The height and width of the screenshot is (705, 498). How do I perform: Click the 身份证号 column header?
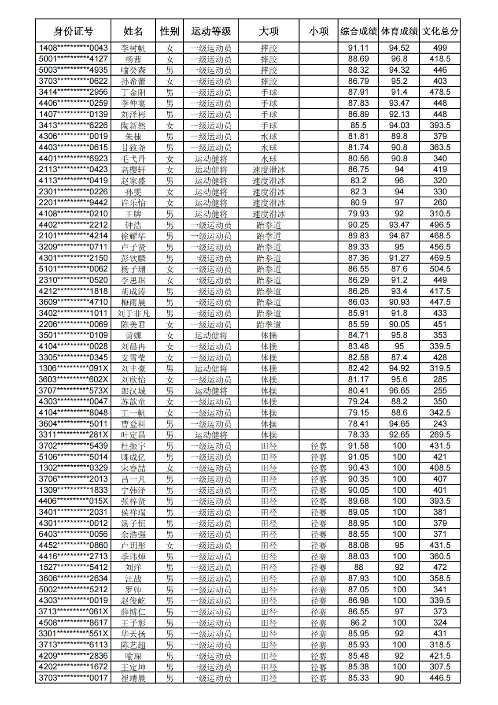pos(73,31)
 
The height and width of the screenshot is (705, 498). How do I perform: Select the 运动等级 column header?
pos(211,31)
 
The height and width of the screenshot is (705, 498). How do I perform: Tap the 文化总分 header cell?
pos(440,31)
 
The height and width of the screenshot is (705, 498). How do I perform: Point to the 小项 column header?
pos(318,31)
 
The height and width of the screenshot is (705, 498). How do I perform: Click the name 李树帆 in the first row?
pos(133,48)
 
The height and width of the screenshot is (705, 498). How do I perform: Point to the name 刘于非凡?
pos(133,313)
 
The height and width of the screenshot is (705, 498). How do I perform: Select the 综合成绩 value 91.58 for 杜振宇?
pos(358,446)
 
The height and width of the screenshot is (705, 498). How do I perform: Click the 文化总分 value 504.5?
pos(440,269)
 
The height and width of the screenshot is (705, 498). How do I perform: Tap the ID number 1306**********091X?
pos(73,368)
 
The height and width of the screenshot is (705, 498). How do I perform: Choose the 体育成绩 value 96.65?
pos(399,390)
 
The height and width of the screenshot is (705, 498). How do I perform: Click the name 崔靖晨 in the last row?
pos(133,678)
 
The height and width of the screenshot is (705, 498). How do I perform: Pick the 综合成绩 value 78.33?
pos(358,435)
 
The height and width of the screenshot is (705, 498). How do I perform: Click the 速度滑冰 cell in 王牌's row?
pos(269,214)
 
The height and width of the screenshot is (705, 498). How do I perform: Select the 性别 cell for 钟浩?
pos(170,225)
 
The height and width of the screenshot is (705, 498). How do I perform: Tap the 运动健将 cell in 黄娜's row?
pos(211,335)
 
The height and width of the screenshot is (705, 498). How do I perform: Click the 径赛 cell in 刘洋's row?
pos(318,568)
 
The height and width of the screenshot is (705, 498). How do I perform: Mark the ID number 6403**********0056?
pos(73,534)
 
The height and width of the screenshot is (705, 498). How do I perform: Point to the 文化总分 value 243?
pos(440,424)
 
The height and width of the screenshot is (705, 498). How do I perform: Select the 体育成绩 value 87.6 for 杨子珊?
pos(399,269)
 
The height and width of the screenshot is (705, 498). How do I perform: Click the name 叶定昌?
pos(133,435)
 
